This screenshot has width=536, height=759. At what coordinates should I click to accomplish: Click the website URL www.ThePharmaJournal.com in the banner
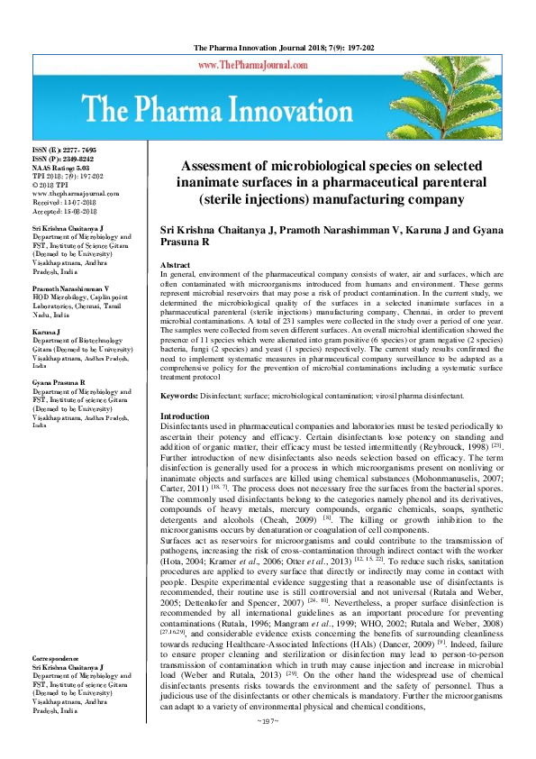coord(268,66)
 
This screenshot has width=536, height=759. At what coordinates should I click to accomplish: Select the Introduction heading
coord(184,416)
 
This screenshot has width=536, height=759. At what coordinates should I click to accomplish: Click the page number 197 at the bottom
coord(268,747)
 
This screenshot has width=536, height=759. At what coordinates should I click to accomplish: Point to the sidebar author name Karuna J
coord(48,331)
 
